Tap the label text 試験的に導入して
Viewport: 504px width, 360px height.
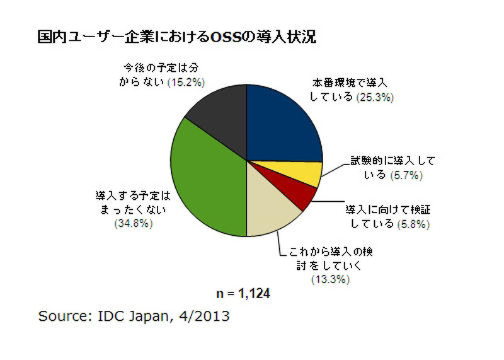tap(392, 161)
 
